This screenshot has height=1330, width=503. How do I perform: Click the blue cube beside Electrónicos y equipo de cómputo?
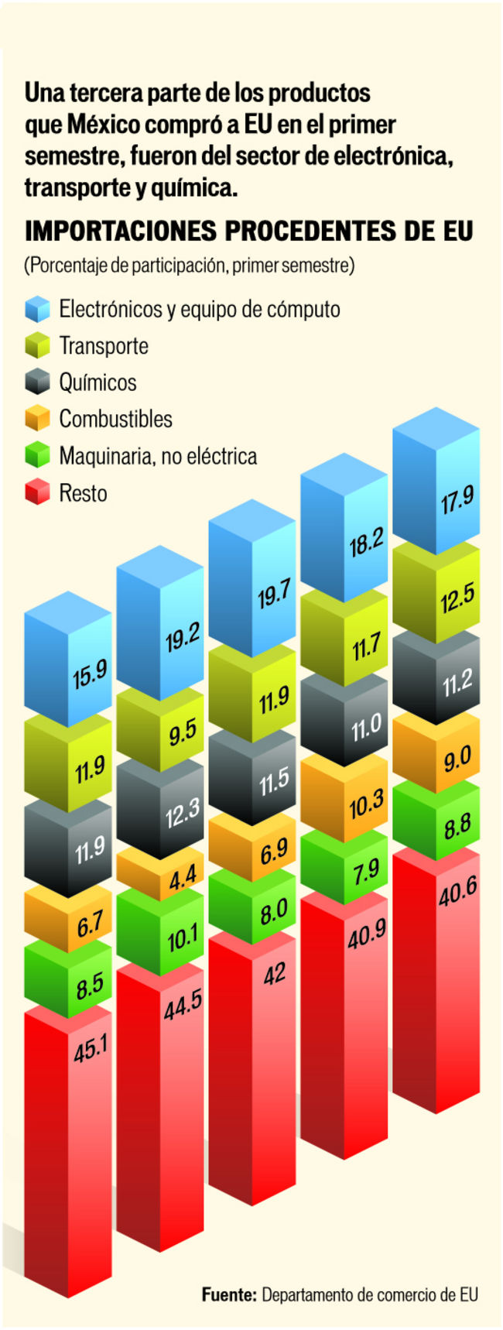coord(37,309)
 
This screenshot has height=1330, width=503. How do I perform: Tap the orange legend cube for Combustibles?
coord(37,419)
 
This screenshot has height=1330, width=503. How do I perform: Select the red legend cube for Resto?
coord(37,492)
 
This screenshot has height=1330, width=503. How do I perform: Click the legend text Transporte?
coord(104,345)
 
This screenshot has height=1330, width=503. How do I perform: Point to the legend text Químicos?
coord(98,382)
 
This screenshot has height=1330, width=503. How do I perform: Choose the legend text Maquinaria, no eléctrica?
coord(158,456)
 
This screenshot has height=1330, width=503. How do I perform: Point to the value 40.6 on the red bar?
coord(457,894)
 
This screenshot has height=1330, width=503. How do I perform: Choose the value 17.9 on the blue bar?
coord(457,500)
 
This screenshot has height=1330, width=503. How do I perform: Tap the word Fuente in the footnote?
coord(228,1294)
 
